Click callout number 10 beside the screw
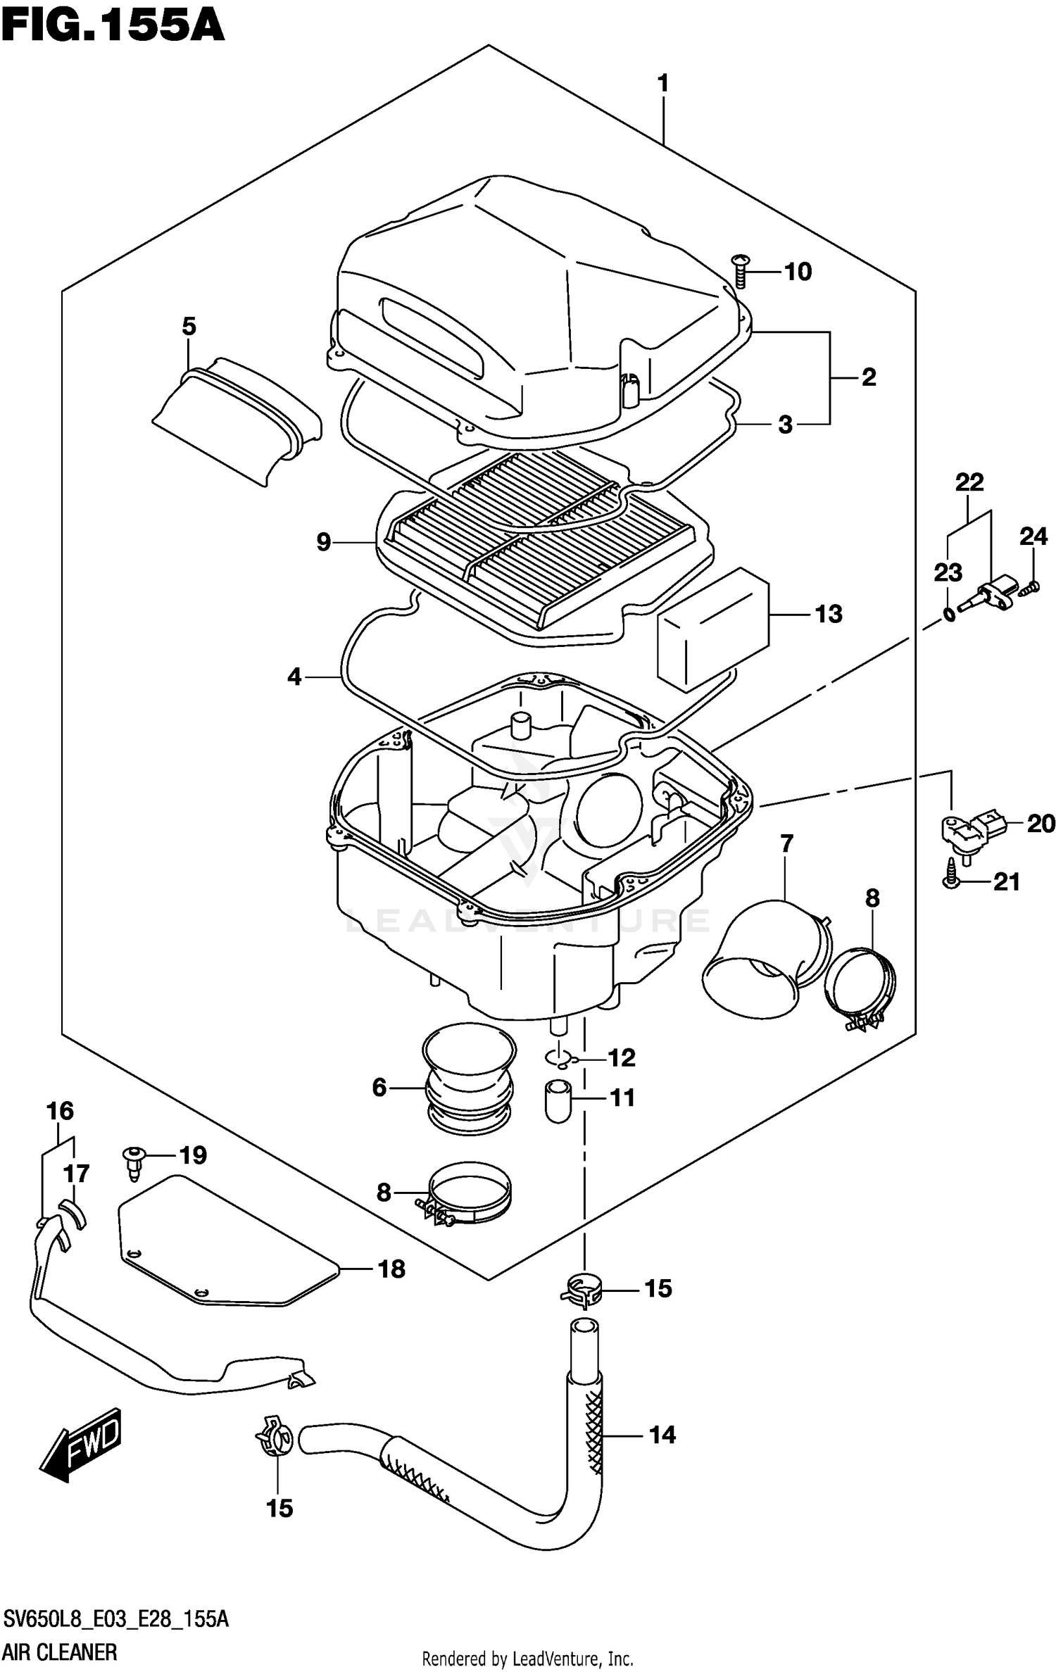click(798, 271)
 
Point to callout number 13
click(829, 614)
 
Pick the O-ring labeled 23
click(948, 615)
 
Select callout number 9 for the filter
click(323, 542)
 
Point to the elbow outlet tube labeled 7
click(764, 961)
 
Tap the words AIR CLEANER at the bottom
click(61, 1652)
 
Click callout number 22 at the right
click(969, 482)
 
